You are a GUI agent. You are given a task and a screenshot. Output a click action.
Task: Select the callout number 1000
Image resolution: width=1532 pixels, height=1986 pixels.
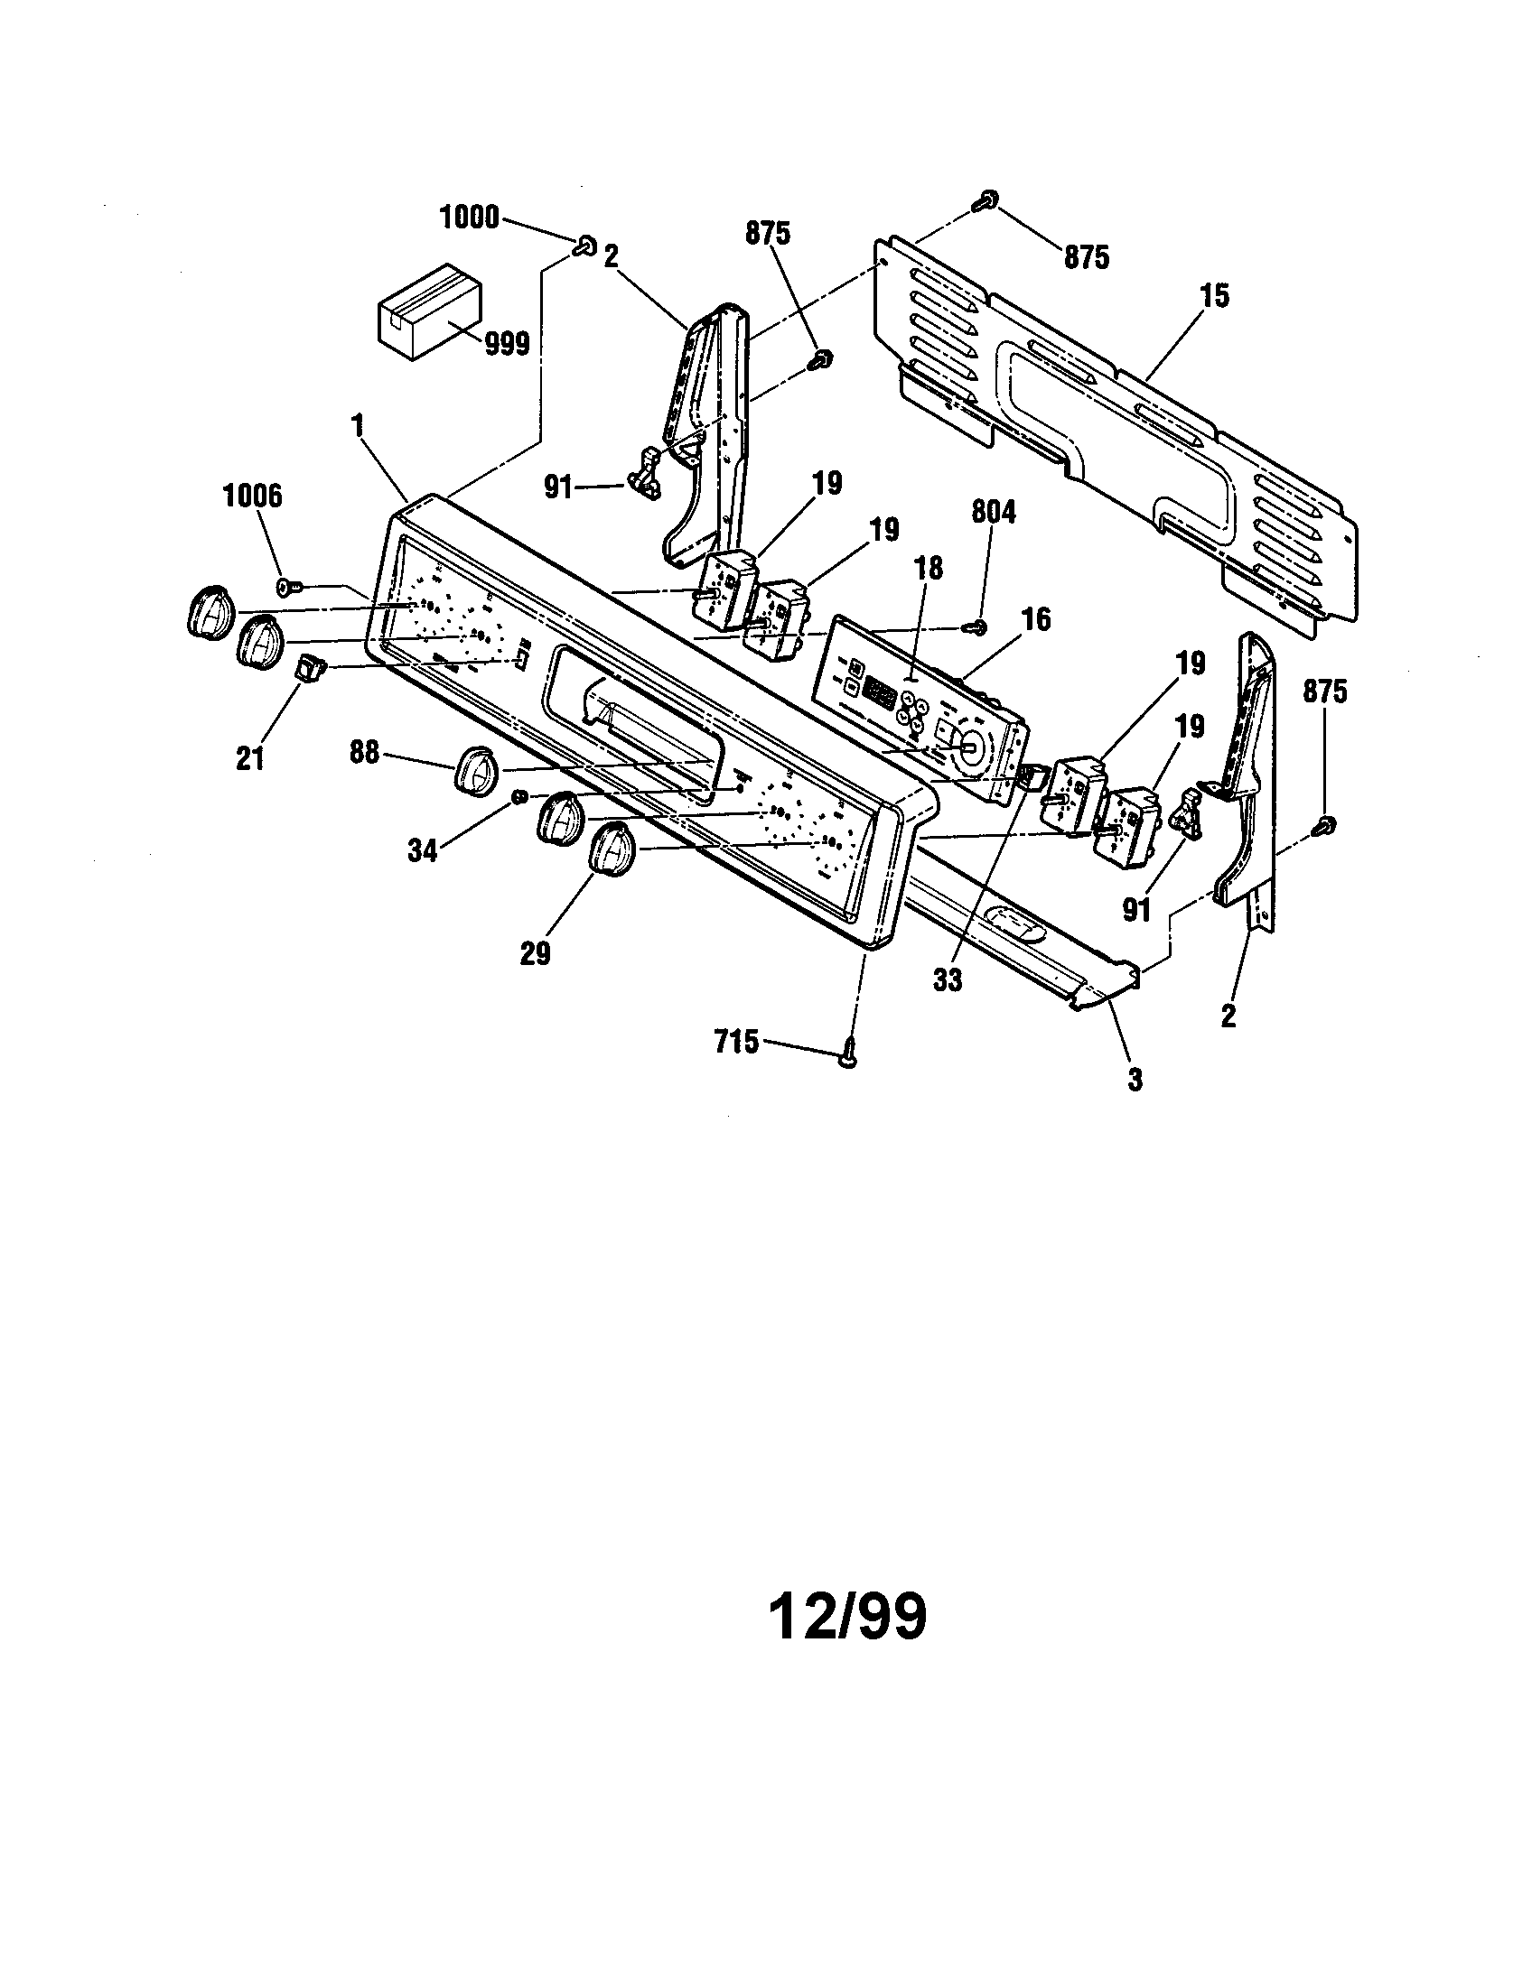pos(470,218)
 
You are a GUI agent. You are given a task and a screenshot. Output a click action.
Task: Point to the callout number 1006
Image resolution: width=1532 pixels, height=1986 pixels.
pos(252,496)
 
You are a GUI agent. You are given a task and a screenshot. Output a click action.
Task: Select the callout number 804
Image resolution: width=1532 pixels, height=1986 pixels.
pos(993,513)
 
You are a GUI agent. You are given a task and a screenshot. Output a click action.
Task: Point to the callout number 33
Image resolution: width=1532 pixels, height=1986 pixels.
pos(947,981)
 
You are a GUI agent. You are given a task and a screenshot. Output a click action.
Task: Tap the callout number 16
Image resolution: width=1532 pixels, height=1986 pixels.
pos(1036,620)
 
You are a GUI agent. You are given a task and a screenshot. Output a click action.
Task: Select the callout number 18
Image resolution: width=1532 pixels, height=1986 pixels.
pos(929,569)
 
